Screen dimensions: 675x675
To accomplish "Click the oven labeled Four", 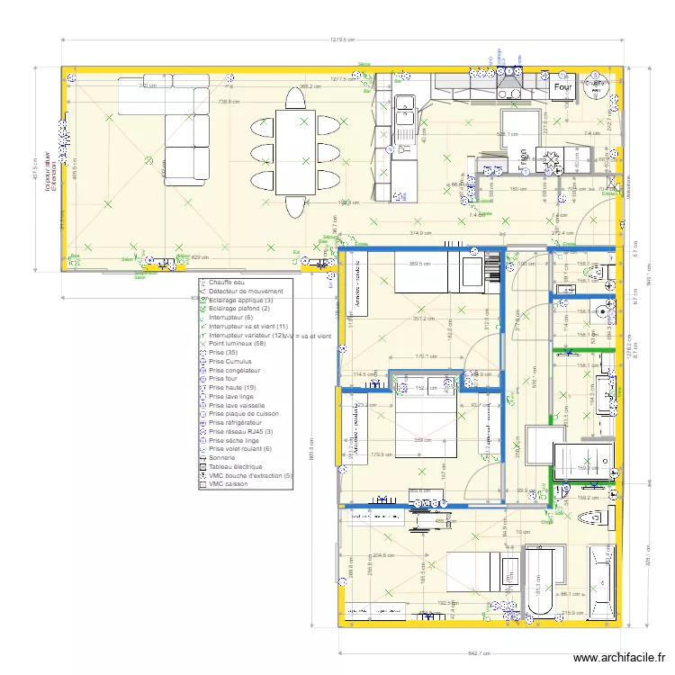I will [564, 88].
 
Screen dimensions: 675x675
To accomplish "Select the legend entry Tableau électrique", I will [235, 466].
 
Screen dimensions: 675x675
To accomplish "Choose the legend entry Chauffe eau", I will [227, 283].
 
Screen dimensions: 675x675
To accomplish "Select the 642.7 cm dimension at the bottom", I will [478, 653].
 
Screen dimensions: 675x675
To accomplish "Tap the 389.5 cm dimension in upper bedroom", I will [420, 264].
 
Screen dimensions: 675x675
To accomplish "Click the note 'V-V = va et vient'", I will [309, 335].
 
